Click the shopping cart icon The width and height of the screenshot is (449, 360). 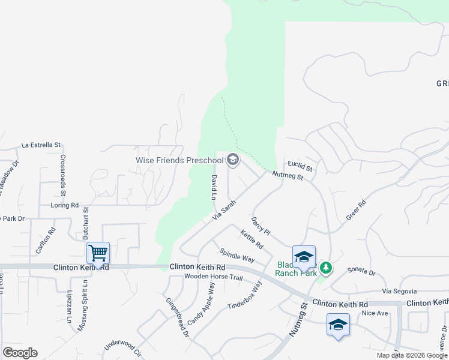pyautogui.click(x=98, y=253)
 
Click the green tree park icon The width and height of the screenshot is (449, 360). pyautogui.click(x=326, y=266)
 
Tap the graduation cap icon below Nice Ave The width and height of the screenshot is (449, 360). pyautogui.click(x=339, y=325)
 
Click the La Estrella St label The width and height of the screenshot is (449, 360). pyautogui.click(x=41, y=145)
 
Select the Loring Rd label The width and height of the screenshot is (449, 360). pyautogui.click(x=66, y=205)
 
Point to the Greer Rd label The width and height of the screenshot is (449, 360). pyautogui.click(x=355, y=211)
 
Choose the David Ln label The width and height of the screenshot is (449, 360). pyautogui.click(x=213, y=187)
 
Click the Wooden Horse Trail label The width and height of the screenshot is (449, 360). pyautogui.click(x=213, y=278)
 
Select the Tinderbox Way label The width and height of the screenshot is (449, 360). pyautogui.click(x=244, y=296)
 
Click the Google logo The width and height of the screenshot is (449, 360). pyautogui.click(x=20, y=352)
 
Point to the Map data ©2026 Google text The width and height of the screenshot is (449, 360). pyautogui.click(x=412, y=355)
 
